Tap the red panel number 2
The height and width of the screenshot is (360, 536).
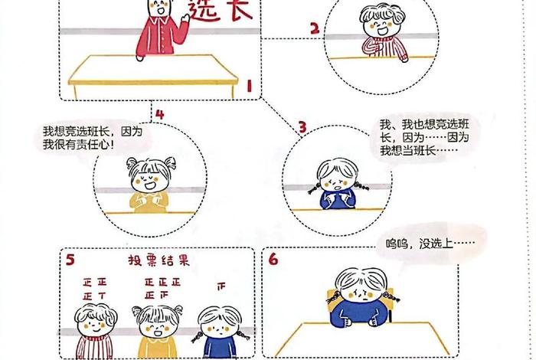314,29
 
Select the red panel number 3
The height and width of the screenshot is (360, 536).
302,126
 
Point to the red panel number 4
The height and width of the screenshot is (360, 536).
159,115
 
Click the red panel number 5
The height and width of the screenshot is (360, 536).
70,260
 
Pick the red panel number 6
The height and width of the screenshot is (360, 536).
273,260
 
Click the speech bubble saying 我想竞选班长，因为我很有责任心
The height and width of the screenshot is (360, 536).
92,138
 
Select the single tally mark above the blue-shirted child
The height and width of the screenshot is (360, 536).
221,287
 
